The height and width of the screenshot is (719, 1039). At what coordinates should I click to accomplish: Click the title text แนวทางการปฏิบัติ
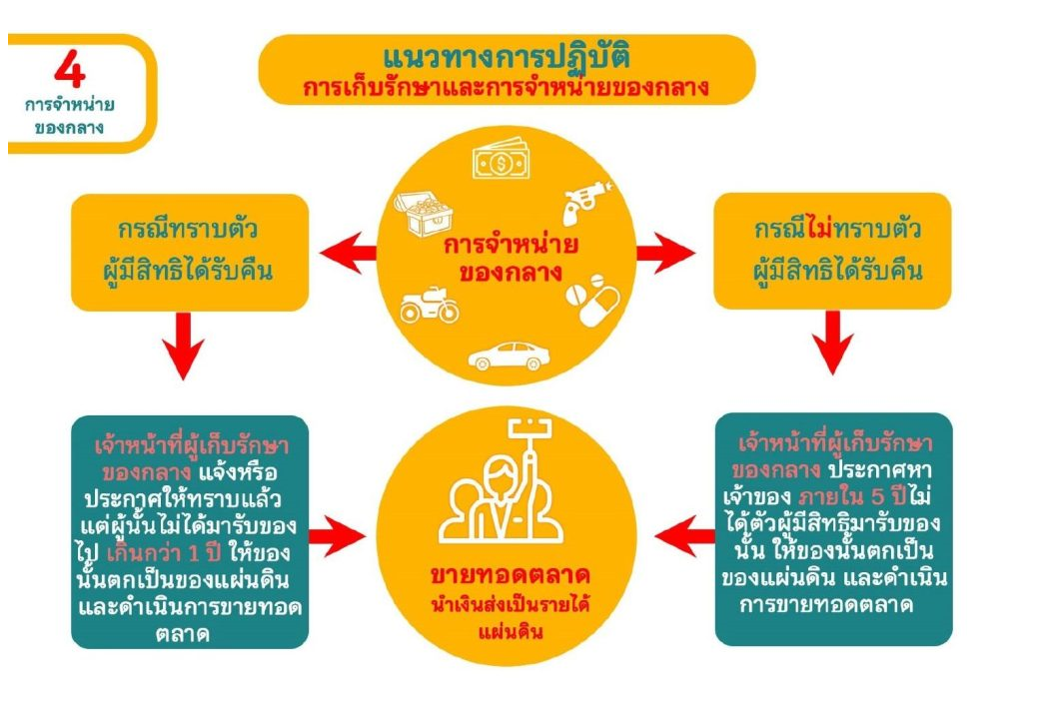[507, 54]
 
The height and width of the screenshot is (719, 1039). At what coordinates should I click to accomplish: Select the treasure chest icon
[425, 211]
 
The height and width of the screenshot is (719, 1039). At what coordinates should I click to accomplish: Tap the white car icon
[509, 355]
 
